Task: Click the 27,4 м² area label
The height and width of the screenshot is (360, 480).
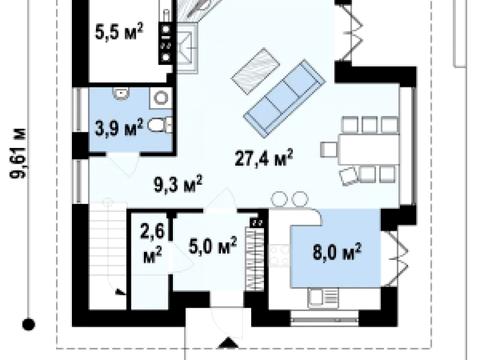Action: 264,157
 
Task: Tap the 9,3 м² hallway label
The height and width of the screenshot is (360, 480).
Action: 178,184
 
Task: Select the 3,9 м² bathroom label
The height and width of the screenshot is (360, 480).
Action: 119,127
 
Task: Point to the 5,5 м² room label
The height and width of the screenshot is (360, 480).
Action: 119,32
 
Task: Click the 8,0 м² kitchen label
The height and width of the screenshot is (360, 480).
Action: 337,251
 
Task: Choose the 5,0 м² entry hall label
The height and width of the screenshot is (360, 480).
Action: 213,246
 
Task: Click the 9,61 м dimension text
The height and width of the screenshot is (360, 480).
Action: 18,153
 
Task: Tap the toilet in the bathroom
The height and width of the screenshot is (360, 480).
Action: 160,125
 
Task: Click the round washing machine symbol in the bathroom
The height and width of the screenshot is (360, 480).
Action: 161,98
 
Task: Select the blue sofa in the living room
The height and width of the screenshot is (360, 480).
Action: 284,99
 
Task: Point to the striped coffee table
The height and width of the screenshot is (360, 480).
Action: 255,71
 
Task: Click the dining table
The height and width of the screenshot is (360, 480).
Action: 368,149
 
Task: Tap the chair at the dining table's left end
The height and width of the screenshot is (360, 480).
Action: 329,149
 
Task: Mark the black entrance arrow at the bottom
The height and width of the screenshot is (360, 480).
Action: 228,343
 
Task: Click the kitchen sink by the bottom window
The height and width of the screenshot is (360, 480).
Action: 323,298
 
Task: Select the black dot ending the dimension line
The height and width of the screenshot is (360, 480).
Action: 28,324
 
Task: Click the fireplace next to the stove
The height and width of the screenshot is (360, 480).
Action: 186,49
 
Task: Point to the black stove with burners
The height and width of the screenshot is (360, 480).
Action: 166,43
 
